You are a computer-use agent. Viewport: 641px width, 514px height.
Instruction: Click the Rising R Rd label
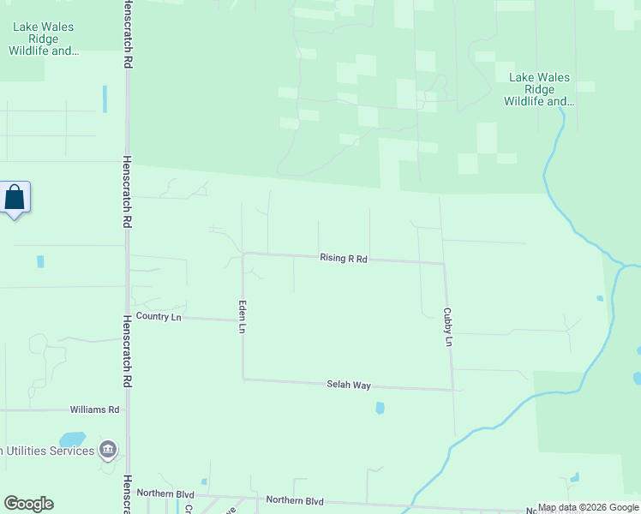tap(343, 258)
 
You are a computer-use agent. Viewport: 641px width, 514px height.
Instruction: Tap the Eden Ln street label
tap(243, 316)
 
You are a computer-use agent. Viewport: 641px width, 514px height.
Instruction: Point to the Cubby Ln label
tap(446, 326)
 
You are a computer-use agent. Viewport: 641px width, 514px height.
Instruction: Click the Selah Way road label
tap(349, 385)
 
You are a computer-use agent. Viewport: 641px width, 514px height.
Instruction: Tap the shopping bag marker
tap(15, 198)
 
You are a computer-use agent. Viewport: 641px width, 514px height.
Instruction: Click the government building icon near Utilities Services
tap(108, 449)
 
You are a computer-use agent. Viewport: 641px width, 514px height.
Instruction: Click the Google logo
tap(28, 504)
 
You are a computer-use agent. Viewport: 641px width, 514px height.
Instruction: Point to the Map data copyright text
tap(588, 507)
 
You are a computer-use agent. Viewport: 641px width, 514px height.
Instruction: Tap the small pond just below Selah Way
tap(380, 408)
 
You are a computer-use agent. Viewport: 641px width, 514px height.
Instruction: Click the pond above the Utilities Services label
tap(72, 439)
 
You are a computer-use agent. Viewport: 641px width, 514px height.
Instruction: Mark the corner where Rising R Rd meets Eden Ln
tap(243, 254)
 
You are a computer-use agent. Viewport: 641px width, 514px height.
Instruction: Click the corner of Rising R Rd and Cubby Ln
tap(444, 263)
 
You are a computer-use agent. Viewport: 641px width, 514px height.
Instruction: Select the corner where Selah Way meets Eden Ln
tap(243, 378)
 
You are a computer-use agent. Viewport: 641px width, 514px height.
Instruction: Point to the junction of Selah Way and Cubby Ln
tap(452, 390)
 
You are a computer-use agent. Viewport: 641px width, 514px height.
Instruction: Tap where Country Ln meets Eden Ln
tap(243, 320)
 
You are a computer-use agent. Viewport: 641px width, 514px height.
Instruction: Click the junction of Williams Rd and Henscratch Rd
tap(128, 409)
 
